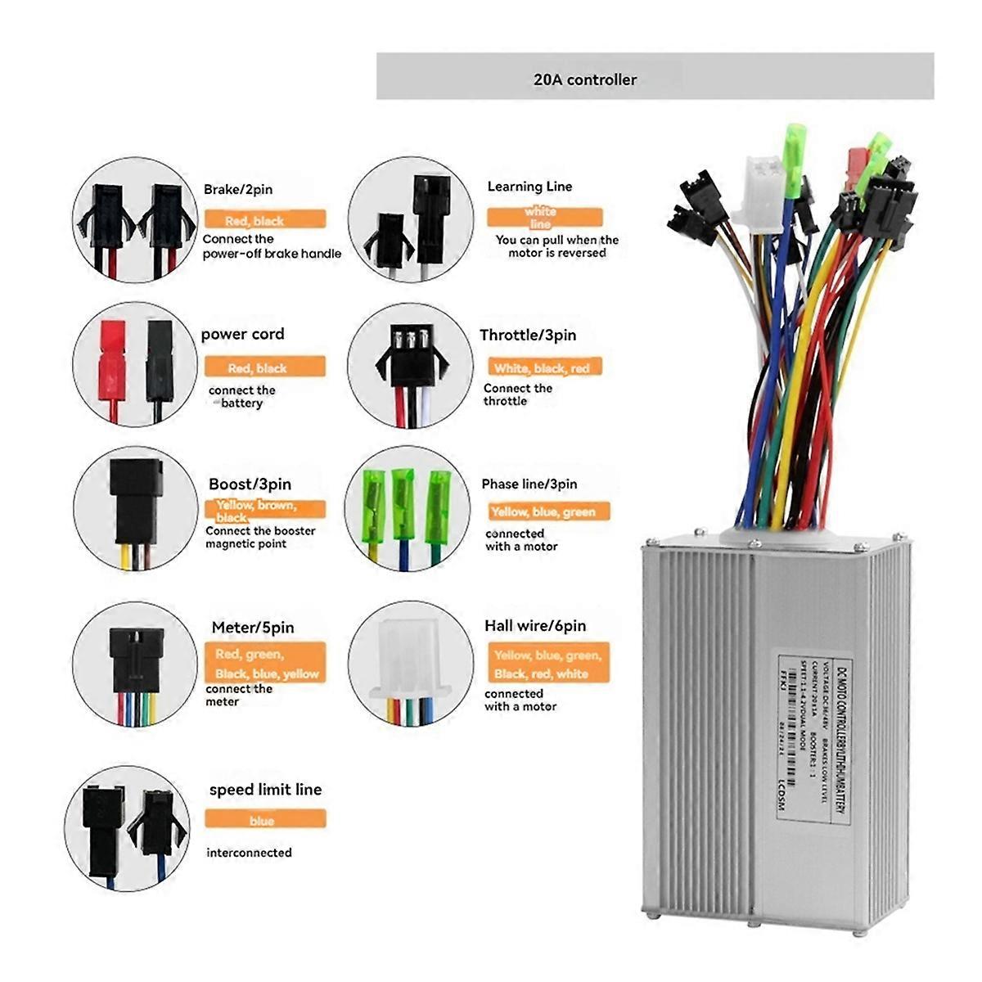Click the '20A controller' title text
[x=584, y=79]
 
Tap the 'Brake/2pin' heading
[x=238, y=189]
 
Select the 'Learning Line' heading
[x=529, y=186]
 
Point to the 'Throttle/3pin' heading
[x=528, y=335]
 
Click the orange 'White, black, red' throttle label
[x=541, y=368]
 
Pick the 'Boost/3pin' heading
[x=250, y=484]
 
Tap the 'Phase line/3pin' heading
[x=529, y=484]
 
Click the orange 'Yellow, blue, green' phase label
[x=543, y=512]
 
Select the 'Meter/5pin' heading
[x=252, y=628]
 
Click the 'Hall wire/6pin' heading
[x=535, y=626]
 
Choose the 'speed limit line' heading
[x=265, y=790]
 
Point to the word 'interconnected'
[x=249, y=853]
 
